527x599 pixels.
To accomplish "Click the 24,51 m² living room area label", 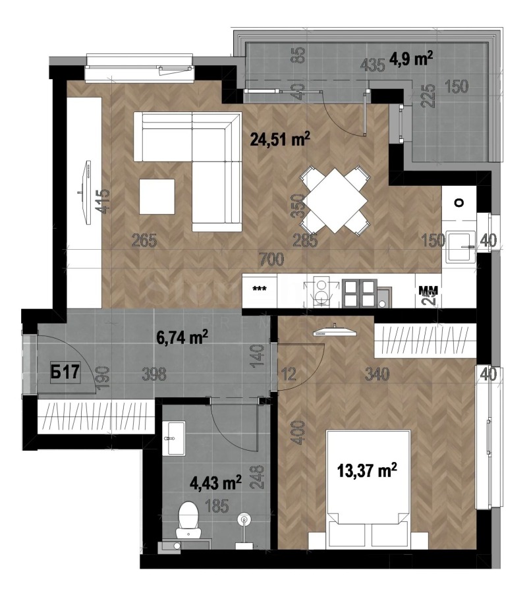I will pyautogui.click(x=280, y=139).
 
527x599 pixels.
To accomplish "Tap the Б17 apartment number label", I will pyautogui.click(x=66, y=372).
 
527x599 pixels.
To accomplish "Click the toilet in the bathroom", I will pyautogui.click(x=190, y=518).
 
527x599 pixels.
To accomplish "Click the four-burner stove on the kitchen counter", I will pyautogui.click(x=358, y=293).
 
